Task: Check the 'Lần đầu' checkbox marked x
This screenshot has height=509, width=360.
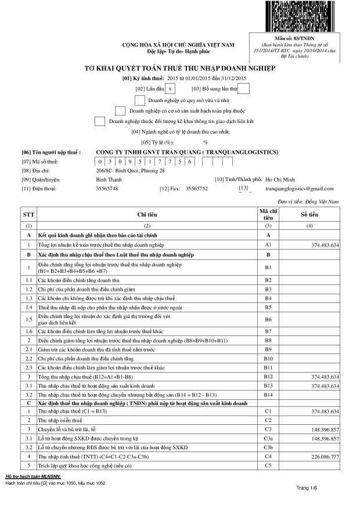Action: point(170,88)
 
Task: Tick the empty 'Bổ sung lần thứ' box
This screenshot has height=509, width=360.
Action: point(244,88)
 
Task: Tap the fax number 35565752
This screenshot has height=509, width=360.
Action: point(196,189)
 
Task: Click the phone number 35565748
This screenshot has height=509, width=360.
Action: point(107,189)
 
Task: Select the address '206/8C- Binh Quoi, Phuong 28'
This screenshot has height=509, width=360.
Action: point(130,171)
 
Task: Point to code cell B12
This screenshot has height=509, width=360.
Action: point(268,377)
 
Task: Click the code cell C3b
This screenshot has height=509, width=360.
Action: point(268,447)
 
